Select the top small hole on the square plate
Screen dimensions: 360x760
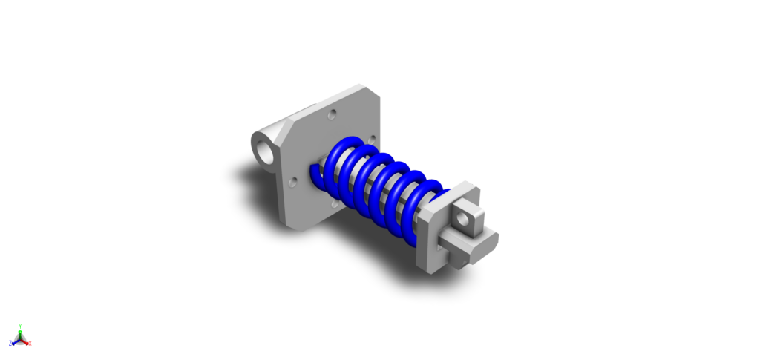click(332, 114)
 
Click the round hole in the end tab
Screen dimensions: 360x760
click(465, 220)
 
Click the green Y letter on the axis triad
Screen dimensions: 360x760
click(20, 325)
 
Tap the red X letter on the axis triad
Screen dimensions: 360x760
click(30, 344)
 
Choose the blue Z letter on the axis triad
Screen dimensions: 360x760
click(10, 344)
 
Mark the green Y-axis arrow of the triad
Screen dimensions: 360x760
click(20, 333)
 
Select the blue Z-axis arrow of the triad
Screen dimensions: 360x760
click(15, 341)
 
